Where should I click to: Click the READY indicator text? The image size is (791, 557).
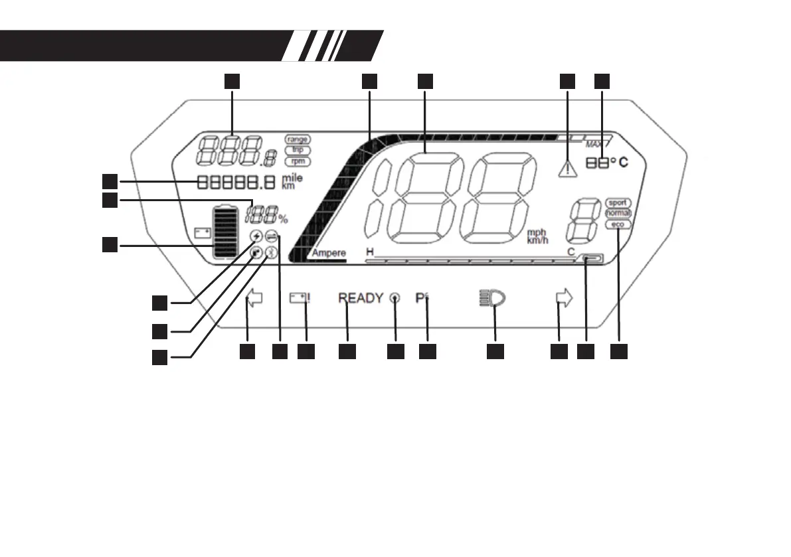coord(361,299)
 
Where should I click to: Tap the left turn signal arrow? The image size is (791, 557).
coord(254,299)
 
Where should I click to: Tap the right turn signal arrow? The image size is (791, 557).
coord(563,299)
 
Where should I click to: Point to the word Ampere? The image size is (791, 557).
coord(329,254)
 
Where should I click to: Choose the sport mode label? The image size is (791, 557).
coord(618,203)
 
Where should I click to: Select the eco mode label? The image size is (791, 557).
coord(618,225)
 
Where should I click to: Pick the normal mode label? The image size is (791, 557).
coord(618,214)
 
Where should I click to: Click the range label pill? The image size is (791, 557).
coord(297,139)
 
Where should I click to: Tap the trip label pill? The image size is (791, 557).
coord(297,150)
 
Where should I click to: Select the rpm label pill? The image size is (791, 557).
coord(297,161)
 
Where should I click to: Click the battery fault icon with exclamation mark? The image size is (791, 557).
coord(301,299)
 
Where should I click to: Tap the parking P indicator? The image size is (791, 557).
coord(421,299)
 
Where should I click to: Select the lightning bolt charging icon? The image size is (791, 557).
coord(256,237)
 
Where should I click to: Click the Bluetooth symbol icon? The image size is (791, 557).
coord(270,252)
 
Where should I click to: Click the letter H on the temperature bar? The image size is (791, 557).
coord(369,252)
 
